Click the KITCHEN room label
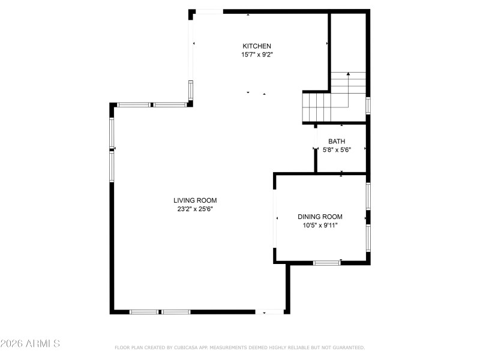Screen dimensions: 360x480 257,46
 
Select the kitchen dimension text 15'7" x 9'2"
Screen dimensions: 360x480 257,55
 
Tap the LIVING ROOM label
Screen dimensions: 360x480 195,201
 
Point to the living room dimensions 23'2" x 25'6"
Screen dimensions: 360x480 195,209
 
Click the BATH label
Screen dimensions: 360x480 336,142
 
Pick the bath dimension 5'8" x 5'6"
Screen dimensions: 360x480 336,150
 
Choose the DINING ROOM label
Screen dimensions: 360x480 320,217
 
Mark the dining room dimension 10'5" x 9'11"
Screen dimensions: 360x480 320,226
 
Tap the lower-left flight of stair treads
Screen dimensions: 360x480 316,107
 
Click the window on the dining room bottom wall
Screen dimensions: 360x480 327,262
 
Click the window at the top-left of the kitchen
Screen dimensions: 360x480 209,11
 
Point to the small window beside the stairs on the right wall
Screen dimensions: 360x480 368,105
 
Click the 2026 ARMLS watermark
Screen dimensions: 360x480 30,344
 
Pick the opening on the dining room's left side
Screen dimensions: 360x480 275,218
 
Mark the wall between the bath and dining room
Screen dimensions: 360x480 341,173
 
